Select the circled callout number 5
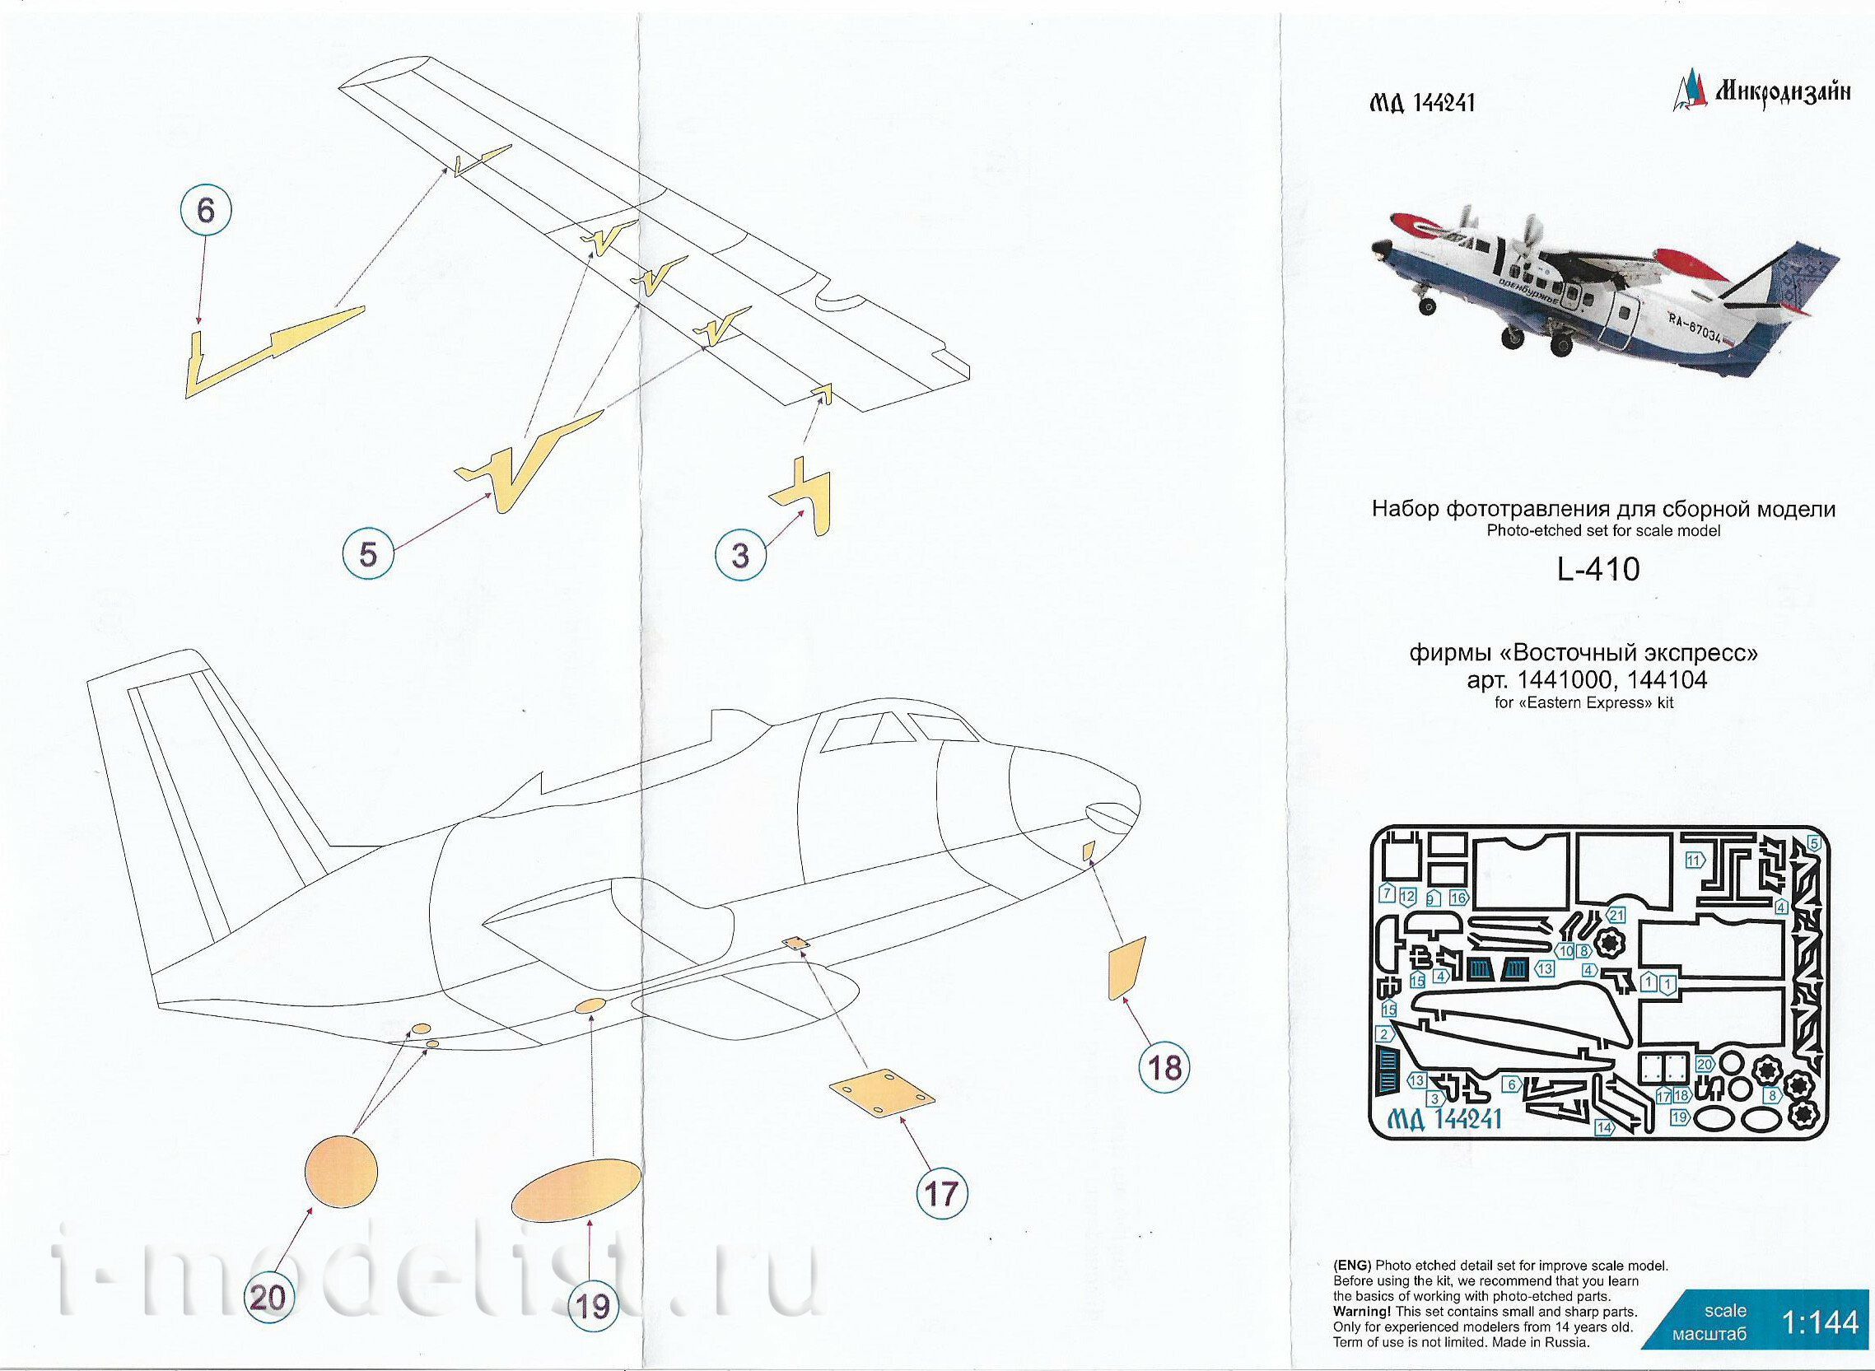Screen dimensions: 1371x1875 pyautogui.click(x=368, y=553)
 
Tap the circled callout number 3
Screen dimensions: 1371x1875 pyautogui.click(x=739, y=554)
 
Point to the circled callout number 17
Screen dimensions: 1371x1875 pyautogui.click(x=941, y=1193)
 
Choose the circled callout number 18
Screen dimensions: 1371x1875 pyautogui.click(x=1164, y=1066)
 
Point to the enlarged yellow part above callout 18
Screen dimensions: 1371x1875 pyautogui.click(x=1126, y=968)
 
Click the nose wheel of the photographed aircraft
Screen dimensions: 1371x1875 pyautogui.click(x=1428, y=306)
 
